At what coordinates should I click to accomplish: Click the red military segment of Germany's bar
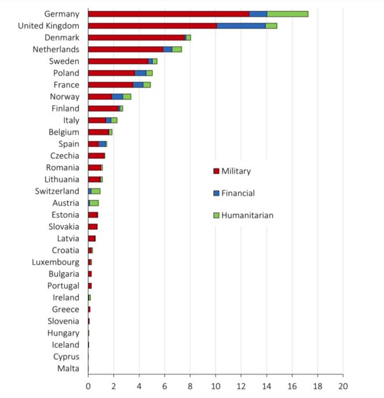tap(169, 14)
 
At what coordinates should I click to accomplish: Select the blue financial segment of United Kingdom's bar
tap(241, 26)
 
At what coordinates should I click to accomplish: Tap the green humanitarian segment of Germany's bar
tap(287, 14)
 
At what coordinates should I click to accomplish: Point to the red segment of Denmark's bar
tap(136, 38)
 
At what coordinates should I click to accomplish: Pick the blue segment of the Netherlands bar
tap(168, 49)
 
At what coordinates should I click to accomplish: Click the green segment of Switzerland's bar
tap(96, 191)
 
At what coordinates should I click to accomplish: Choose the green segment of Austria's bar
tap(94, 203)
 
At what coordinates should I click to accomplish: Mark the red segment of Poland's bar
tap(112, 73)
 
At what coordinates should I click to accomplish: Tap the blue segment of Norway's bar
tap(117, 97)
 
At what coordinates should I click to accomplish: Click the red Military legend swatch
tap(216, 171)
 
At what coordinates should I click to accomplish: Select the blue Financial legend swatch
tap(216, 193)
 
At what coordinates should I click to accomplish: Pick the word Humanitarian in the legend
tap(247, 215)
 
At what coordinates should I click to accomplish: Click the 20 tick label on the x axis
tap(343, 386)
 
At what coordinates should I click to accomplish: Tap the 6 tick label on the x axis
tap(164, 386)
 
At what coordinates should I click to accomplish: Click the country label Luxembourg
tap(56, 262)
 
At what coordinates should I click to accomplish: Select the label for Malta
tap(68, 368)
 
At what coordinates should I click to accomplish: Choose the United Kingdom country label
tap(49, 26)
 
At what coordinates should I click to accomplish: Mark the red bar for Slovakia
tap(93, 227)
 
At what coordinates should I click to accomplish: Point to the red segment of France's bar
tap(111, 85)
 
